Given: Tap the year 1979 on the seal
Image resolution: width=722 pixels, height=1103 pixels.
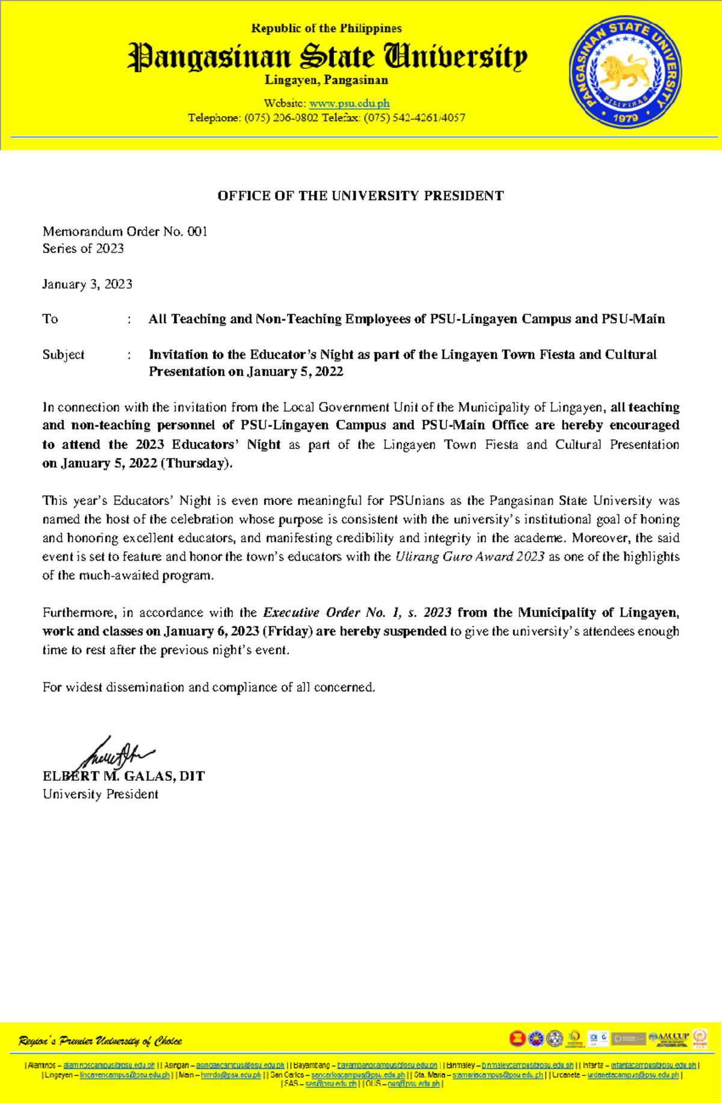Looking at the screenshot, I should coord(626,117).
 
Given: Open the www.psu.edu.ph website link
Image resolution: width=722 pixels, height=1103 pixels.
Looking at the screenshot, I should coord(349,103).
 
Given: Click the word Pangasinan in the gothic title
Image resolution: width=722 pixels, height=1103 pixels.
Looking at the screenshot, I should coord(209,58).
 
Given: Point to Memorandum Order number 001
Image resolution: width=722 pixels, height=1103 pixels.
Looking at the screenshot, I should coord(197,231).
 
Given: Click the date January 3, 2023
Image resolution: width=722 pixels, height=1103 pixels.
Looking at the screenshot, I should coord(87,284).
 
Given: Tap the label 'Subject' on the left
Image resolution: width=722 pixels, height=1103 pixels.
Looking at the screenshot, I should coord(63,355).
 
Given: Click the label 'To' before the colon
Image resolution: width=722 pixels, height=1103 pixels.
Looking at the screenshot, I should coord(50,319).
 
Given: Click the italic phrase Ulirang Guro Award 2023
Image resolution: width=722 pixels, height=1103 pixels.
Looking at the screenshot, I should coord(469,557).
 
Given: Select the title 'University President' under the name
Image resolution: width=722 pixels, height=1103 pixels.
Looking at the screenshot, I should coord(100,794).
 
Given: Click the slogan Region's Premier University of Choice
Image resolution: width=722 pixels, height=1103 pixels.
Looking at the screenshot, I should coord(100,1041).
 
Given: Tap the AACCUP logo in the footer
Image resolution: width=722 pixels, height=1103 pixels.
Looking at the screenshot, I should coord(668,1038).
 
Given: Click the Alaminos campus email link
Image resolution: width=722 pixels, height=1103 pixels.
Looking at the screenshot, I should coord(109,1065).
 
